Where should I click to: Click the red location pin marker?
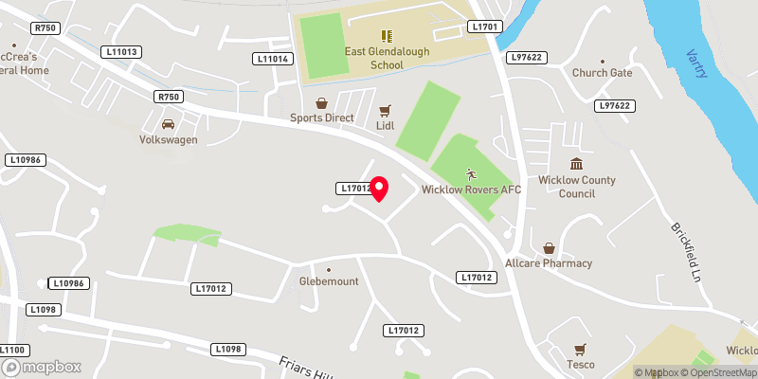379,189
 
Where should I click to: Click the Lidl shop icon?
386,110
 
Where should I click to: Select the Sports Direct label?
321,118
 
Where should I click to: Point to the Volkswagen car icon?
168,124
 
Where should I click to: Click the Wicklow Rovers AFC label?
471,189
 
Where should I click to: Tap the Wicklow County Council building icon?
576,164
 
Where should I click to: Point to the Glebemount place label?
329,281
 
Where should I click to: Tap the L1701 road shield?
484,27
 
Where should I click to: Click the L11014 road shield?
271,59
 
